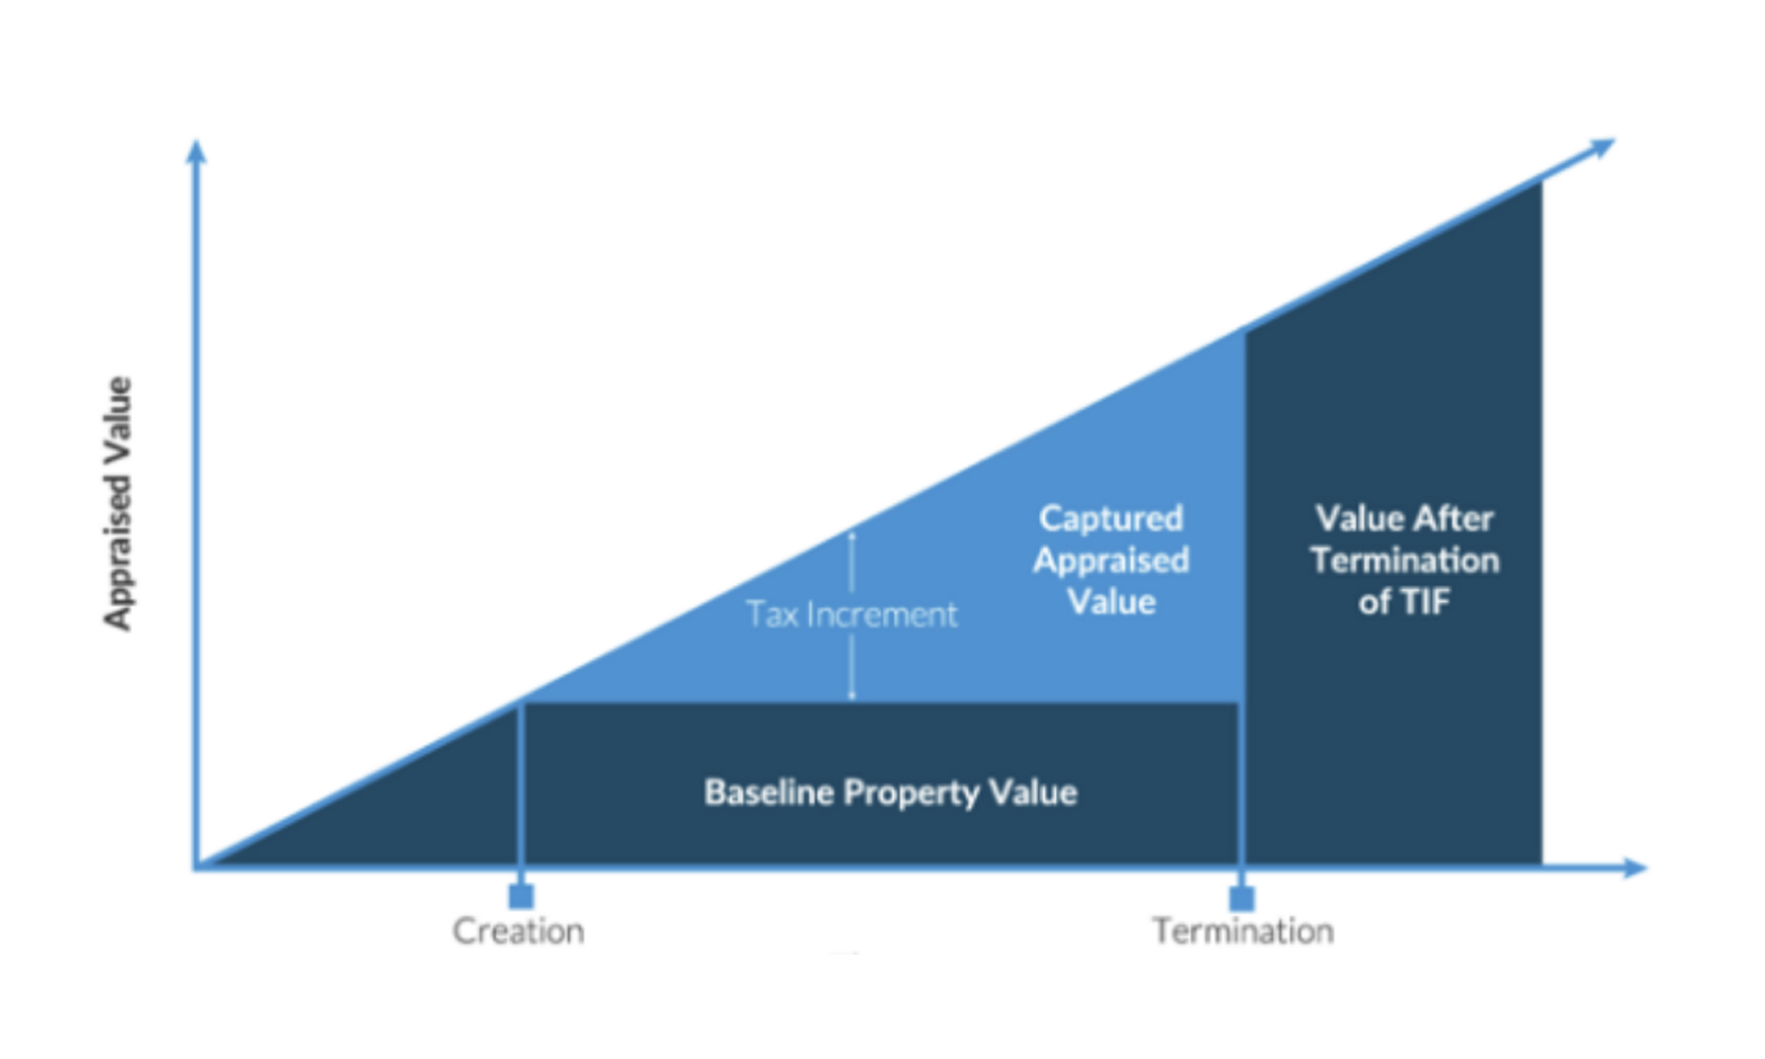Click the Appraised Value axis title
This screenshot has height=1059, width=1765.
point(118,503)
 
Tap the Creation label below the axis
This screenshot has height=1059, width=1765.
point(518,931)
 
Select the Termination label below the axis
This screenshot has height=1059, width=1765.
point(1243,931)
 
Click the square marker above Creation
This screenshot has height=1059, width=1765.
point(522,897)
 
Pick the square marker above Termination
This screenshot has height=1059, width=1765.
point(1242,898)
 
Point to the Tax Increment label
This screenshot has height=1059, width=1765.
point(851,614)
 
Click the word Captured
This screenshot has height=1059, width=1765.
point(1111,518)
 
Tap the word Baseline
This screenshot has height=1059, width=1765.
point(769,792)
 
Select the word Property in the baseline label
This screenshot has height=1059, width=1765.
point(911,793)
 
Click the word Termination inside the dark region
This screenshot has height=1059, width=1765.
point(1404,560)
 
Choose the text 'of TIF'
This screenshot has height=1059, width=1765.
point(1404,602)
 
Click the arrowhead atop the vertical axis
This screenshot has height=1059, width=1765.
point(196,152)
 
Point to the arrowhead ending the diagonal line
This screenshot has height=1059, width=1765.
point(1601,146)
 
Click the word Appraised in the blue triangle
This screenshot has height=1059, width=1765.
point(1111,560)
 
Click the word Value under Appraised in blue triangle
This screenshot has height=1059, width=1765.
point(1111,602)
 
